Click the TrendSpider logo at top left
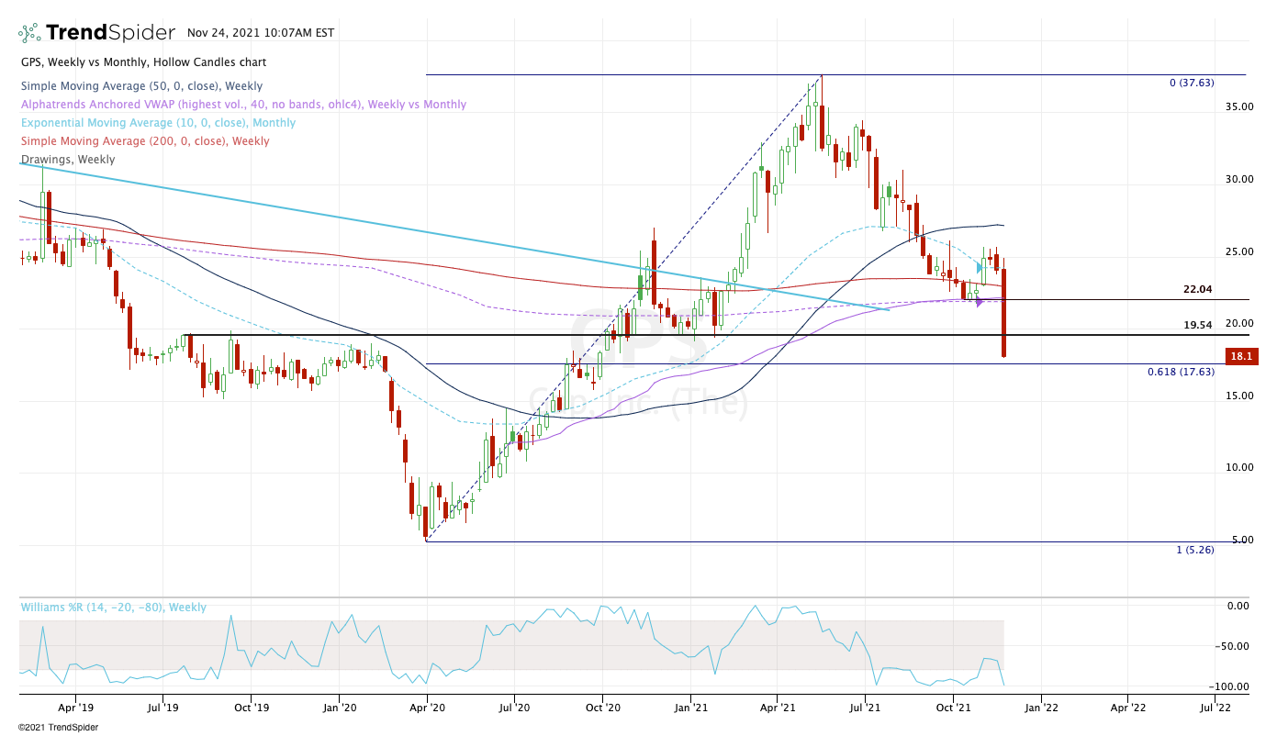point(96,33)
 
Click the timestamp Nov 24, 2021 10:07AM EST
point(261,33)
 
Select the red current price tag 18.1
point(1241,357)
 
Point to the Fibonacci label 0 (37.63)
point(1191,83)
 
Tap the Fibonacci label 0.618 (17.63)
point(1181,372)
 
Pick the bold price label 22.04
point(1197,289)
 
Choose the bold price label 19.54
point(1197,325)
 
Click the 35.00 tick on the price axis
point(1238,106)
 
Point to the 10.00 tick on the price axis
point(1238,467)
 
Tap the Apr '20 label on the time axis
point(427,708)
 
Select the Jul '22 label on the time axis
point(1215,708)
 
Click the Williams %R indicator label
point(114,608)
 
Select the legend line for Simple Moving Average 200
point(145,141)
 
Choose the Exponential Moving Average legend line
point(158,123)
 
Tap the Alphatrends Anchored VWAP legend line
point(243,105)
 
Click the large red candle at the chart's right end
point(1004,312)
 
